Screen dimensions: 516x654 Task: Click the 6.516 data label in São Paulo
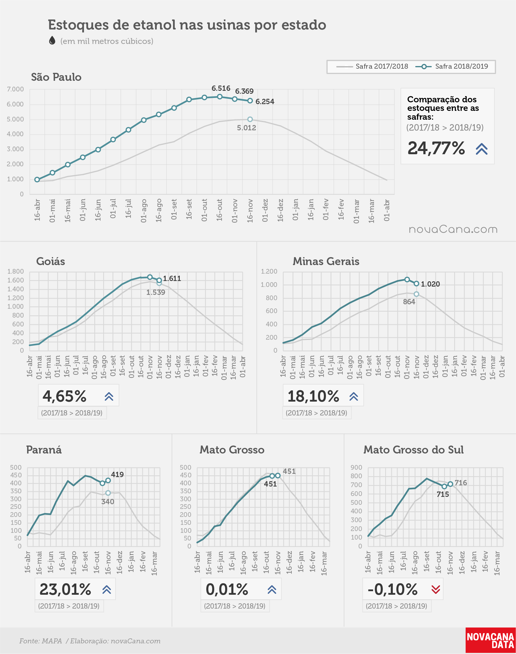coord(221,88)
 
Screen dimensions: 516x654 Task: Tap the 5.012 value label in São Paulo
coord(247,128)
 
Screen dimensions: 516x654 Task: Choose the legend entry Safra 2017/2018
coord(372,66)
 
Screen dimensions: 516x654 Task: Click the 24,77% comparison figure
coord(436,148)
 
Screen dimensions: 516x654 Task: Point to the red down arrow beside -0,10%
coord(436,589)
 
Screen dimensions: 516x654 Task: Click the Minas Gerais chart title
coord(326,261)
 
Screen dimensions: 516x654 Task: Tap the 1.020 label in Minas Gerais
coord(431,284)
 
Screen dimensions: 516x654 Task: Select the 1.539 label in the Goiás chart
coord(156,292)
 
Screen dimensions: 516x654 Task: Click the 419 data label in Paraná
coord(117,474)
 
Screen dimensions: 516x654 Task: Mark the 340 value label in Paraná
coord(108,502)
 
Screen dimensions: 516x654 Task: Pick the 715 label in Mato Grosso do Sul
coord(443,494)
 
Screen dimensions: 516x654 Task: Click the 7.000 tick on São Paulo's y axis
coord(15,89)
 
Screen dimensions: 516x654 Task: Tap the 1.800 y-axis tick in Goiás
coord(15,271)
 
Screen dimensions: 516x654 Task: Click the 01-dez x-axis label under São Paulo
coord(265,210)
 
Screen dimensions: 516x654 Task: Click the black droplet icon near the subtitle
coord(52,40)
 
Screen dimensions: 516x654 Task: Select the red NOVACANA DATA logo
coord(491,640)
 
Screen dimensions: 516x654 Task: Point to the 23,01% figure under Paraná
coord(65,589)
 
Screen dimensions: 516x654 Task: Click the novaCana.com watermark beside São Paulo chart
coord(453,229)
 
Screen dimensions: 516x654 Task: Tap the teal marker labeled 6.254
coord(250,101)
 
